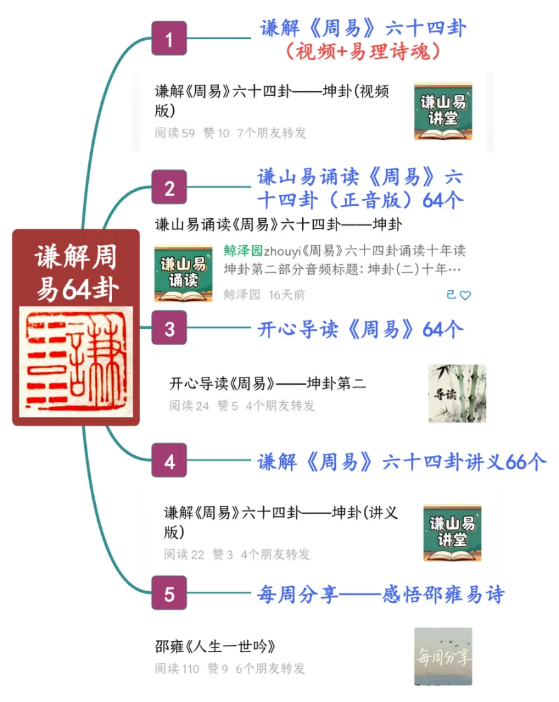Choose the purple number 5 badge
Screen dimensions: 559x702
pyautogui.click(x=169, y=593)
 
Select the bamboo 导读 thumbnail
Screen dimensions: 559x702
pyautogui.click(x=457, y=393)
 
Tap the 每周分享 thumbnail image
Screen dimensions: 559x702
pyautogui.click(x=443, y=656)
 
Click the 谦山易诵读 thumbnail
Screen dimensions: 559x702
pyautogui.click(x=183, y=273)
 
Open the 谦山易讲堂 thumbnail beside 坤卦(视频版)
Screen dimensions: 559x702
pyautogui.click(x=443, y=111)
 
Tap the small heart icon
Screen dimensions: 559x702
pyautogui.click(x=465, y=295)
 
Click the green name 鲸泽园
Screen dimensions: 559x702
pyautogui.click(x=243, y=251)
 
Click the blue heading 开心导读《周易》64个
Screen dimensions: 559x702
pyautogui.click(x=361, y=329)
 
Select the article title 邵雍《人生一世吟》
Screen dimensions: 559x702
pyautogui.click(x=215, y=646)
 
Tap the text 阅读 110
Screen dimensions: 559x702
pyautogui.click(x=176, y=668)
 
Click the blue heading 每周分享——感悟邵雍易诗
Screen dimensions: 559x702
pyautogui.click(x=381, y=594)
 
